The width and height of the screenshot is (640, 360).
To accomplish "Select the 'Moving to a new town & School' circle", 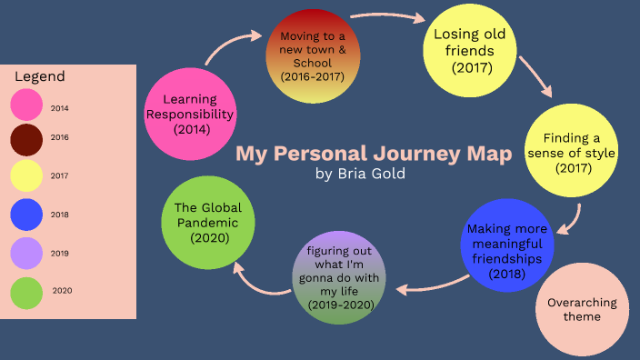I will [x=312, y=55].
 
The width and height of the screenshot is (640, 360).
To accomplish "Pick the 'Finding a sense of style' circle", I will [x=572, y=153].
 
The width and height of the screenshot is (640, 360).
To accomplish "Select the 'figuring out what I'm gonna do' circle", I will [x=339, y=275].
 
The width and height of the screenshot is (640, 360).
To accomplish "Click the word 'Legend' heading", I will [x=39, y=77].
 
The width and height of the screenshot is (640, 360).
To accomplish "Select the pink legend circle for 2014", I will [x=26, y=105].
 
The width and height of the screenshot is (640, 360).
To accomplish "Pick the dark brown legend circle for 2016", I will [x=26, y=138].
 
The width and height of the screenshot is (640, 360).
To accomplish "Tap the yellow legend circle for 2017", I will [x=26, y=175].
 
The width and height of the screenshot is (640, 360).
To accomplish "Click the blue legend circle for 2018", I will [x=26, y=215].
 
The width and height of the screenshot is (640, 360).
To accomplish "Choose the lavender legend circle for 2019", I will [x=26, y=254].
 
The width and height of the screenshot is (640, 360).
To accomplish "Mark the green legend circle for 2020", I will [x=26, y=292].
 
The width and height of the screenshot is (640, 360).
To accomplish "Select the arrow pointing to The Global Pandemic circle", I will [x=259, y=281].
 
